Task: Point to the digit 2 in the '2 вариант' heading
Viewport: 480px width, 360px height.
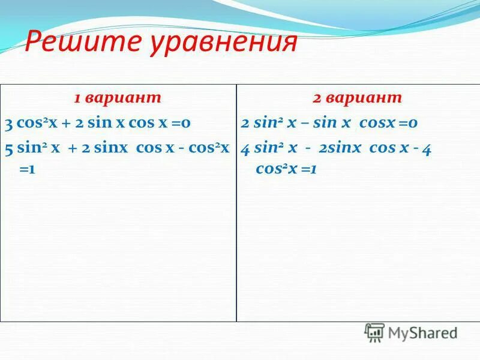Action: tap(316, 98)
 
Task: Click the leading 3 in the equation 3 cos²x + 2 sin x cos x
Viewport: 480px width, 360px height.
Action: tap(8, 124)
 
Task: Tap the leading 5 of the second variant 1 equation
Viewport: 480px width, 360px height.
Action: tap(8, 149)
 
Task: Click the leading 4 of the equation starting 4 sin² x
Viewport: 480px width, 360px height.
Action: tap(245, 149)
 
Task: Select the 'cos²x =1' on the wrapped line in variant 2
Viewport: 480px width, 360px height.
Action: tap(286, 170)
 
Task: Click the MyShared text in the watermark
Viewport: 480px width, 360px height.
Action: tap(422, 333)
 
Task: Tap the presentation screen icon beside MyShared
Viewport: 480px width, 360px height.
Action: tap(374, 332)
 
